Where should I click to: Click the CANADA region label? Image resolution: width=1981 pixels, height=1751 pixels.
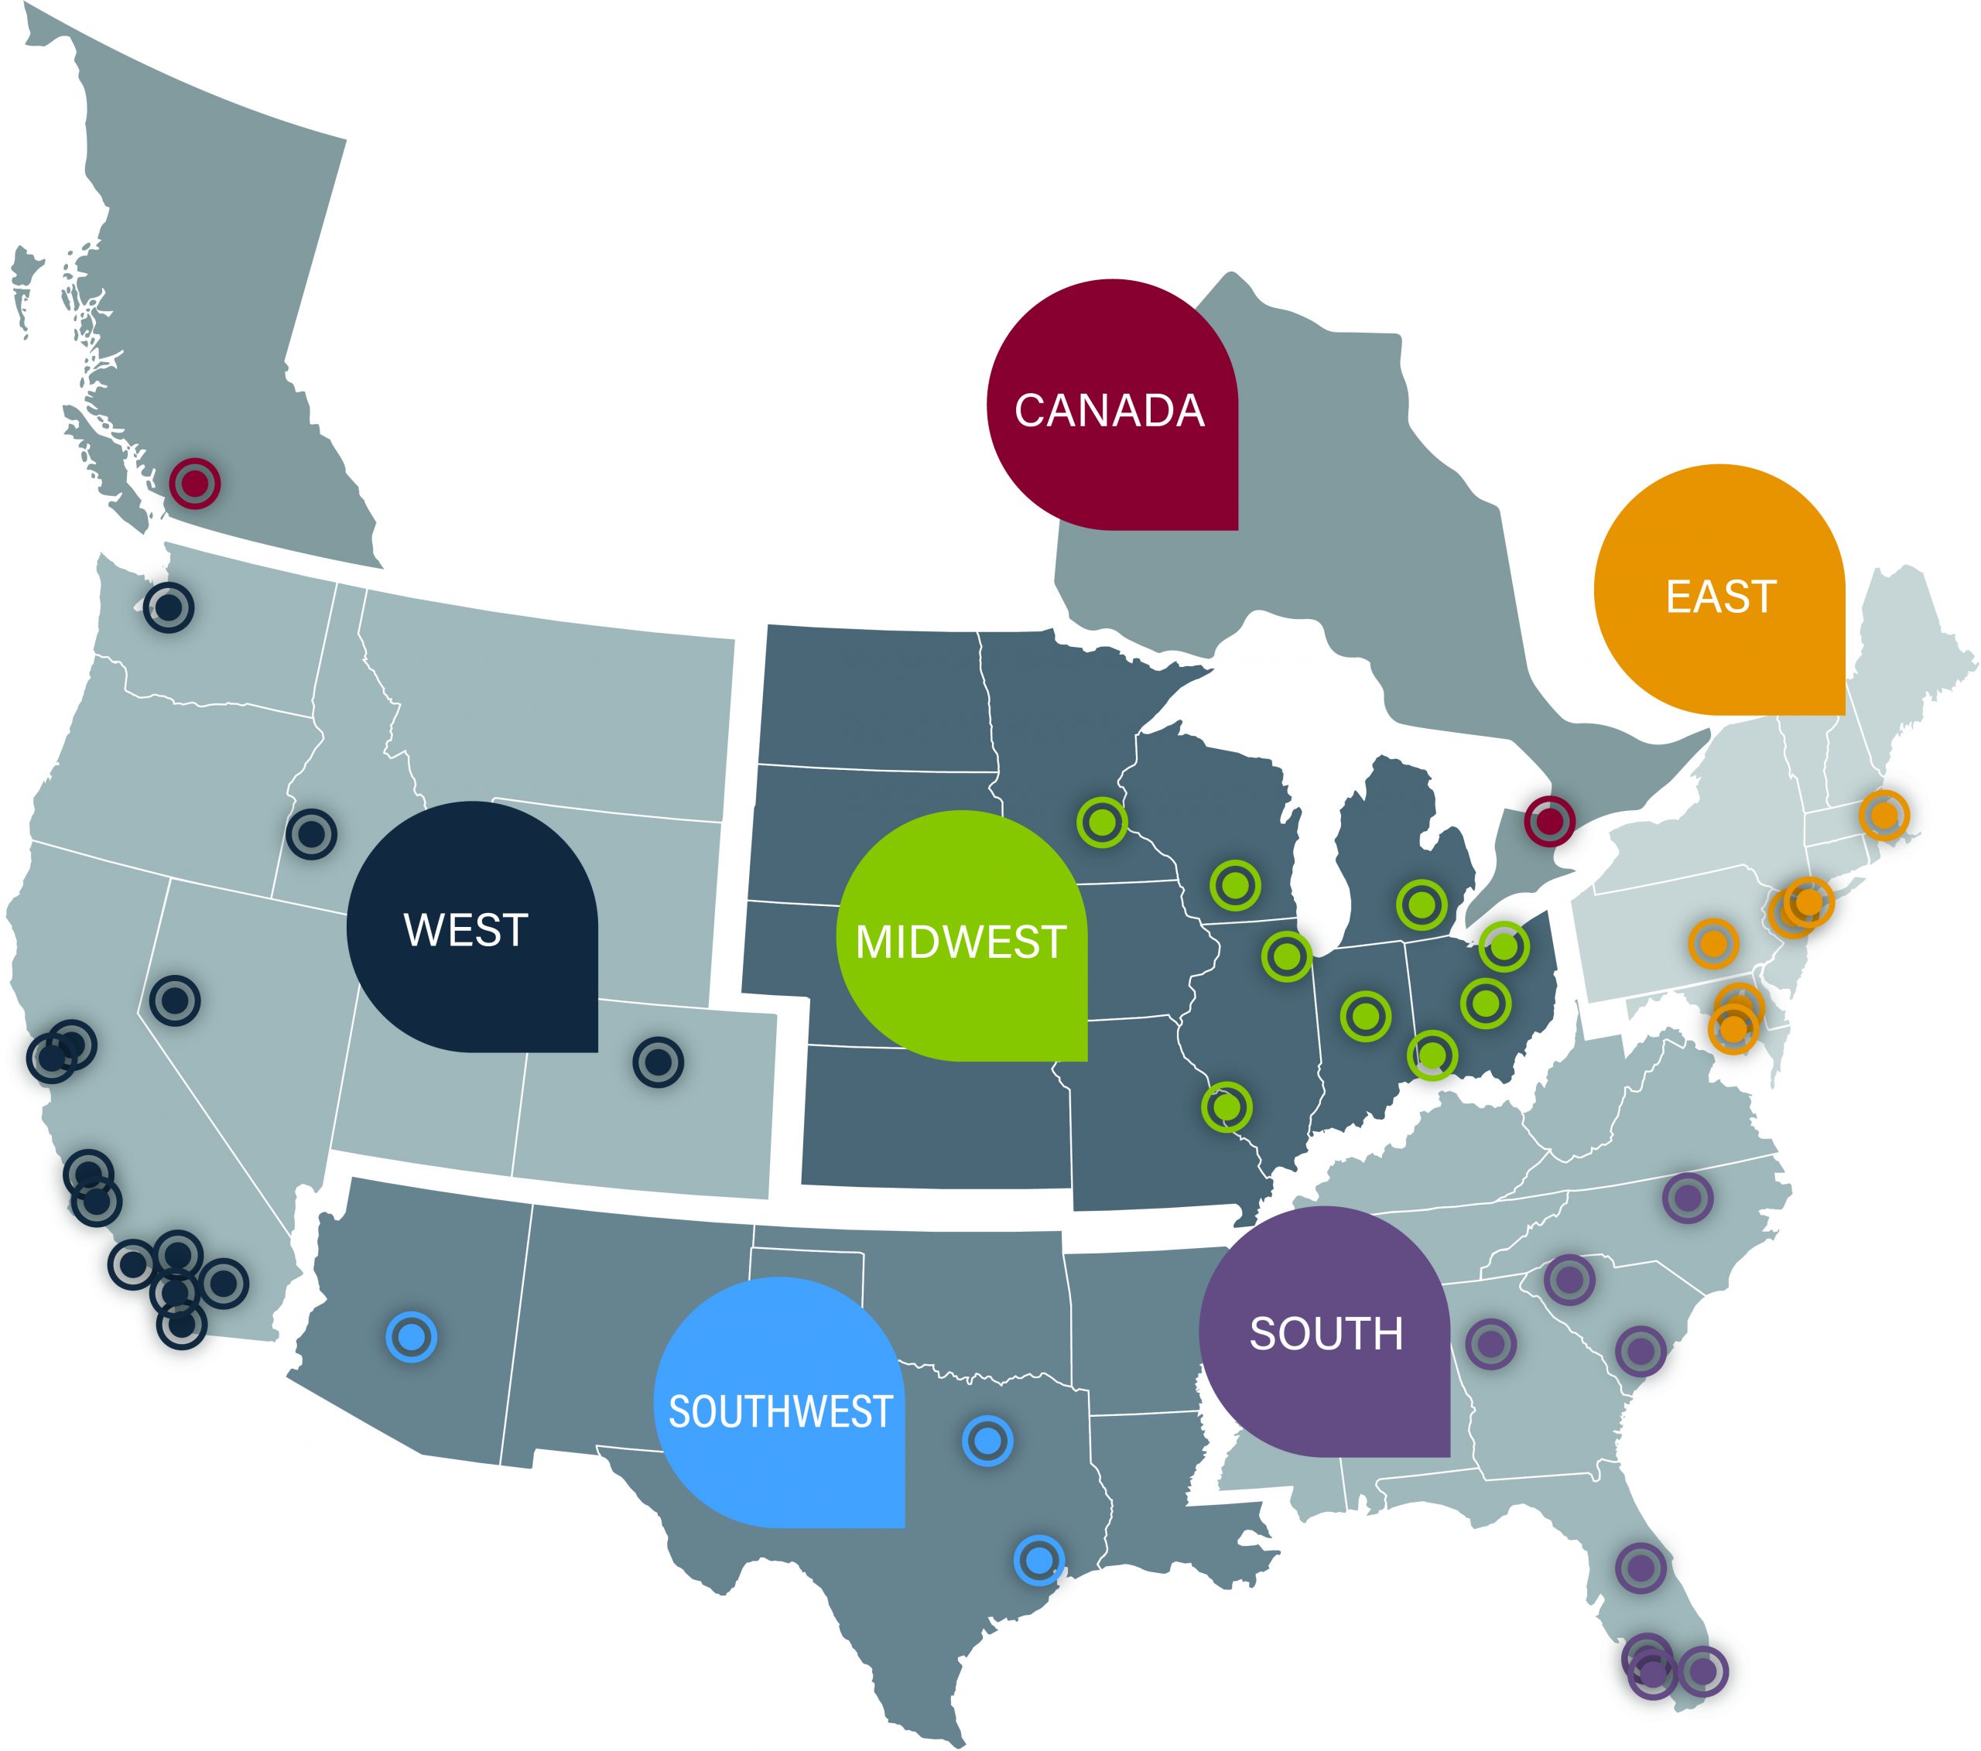tap(1110, 410)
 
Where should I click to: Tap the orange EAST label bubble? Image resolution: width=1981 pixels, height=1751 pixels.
tap(1720, 596)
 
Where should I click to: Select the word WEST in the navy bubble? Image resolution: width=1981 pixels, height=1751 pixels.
tap(465, 929)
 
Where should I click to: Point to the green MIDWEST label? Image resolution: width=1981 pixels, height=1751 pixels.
tap(960, 941)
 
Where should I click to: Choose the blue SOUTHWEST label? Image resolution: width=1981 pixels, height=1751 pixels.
tap(780, 1412)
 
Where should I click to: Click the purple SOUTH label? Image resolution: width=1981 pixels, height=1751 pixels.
tap(1326, 1333)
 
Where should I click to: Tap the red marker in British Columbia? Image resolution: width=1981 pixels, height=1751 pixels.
tap(195, 483)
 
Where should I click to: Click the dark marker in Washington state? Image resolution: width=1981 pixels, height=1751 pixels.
tap(169, 607)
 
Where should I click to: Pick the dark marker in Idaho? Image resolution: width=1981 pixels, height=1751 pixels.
tap(311, 833)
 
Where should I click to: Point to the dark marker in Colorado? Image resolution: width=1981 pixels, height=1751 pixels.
tap(658, 1062)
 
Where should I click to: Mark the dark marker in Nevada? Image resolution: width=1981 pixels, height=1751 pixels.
tap(176, 999)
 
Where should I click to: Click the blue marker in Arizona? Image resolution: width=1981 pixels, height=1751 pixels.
tap(412, 1337)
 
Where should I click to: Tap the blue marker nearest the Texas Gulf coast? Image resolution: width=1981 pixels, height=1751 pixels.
tap(1039, 1560)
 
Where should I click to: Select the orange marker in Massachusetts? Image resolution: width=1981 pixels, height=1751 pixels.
tap(1884, 815)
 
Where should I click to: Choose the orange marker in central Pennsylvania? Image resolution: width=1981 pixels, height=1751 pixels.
tap(1713, 943)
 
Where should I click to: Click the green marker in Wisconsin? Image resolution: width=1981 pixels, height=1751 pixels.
tap(1235, 884)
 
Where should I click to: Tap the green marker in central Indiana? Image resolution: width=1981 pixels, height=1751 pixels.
tap(1366, 1015)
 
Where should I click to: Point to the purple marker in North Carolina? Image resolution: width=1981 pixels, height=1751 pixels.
tap(1688, 1198)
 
